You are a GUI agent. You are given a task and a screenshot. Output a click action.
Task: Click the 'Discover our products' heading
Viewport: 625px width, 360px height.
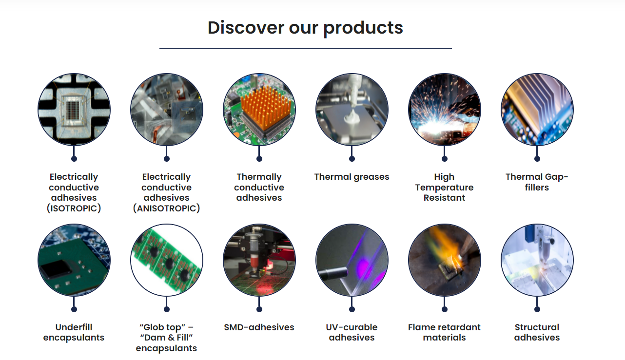click(305, 28)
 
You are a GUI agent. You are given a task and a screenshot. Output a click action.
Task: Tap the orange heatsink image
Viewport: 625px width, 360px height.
click(259, 110)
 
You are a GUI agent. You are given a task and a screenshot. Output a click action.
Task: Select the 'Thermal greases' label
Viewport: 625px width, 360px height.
click(352, 177)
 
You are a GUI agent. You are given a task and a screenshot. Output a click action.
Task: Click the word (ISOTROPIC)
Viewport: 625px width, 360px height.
click(74, 208)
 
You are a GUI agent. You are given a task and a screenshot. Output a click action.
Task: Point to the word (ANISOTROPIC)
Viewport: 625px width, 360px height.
click(166, 208)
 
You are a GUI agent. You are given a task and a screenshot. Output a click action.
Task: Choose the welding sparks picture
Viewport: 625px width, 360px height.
click(445, 110)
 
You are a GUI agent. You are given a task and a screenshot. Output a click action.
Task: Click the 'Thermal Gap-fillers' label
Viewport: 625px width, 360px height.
click(537, 182)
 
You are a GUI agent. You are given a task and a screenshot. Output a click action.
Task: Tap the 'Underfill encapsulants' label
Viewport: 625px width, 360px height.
click(74, 332)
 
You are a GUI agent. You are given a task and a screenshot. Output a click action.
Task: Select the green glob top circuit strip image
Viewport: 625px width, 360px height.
click(167, 260)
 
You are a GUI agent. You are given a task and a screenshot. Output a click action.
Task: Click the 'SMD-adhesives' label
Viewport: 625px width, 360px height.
click(259, 327)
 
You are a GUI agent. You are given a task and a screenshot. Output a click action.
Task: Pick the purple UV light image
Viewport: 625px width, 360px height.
click(352, 260)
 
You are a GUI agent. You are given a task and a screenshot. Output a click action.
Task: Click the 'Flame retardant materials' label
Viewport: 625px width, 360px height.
click(444, 332)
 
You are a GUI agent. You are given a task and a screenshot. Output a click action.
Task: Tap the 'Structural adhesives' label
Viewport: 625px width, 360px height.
click(537, 332)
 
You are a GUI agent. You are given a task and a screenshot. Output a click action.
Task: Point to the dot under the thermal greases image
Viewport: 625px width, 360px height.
click(352, 159)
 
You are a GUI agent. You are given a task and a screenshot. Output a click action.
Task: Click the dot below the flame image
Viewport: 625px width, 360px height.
click(445, 309)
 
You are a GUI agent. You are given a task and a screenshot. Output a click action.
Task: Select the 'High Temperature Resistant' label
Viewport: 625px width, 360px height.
click(444, 187)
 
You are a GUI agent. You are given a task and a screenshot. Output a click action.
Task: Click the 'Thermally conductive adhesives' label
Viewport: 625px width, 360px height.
click(259, 187)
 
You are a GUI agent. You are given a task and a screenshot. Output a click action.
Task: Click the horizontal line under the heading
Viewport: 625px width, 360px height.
click(306, 48)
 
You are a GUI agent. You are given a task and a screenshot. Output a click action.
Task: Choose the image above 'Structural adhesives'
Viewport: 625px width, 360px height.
click(537, 260)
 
